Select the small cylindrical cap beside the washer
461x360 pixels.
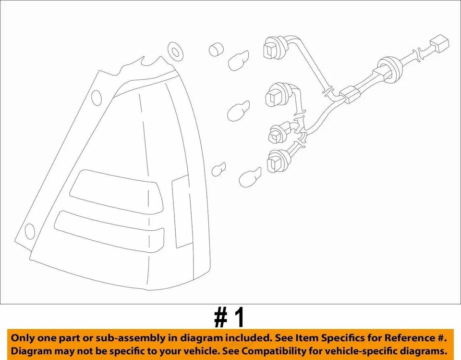click(x=216, y=50)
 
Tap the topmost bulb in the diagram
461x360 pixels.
click(x=238, y=62)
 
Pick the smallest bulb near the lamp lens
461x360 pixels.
click(x=219, y=169)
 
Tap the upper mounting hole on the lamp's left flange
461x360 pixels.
click(x=96, y=98)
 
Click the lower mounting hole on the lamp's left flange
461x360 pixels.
click(x=30, y=231)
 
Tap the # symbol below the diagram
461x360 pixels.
click(x=220, y=318)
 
